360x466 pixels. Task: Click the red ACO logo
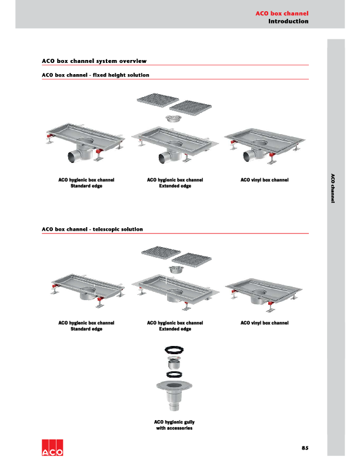53,448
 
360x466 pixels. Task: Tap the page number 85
305,448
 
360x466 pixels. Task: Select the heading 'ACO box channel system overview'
94,61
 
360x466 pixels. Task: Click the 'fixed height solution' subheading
95,75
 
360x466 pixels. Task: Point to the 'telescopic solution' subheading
92,229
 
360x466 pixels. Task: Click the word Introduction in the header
288,21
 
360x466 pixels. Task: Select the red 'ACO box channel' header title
282,12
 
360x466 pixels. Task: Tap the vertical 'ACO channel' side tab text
332,188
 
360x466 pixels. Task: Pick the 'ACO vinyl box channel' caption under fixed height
265,179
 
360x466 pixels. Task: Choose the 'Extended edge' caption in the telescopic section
175,329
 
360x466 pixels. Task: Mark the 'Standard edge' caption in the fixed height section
86,186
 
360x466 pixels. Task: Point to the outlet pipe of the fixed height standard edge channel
75,157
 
